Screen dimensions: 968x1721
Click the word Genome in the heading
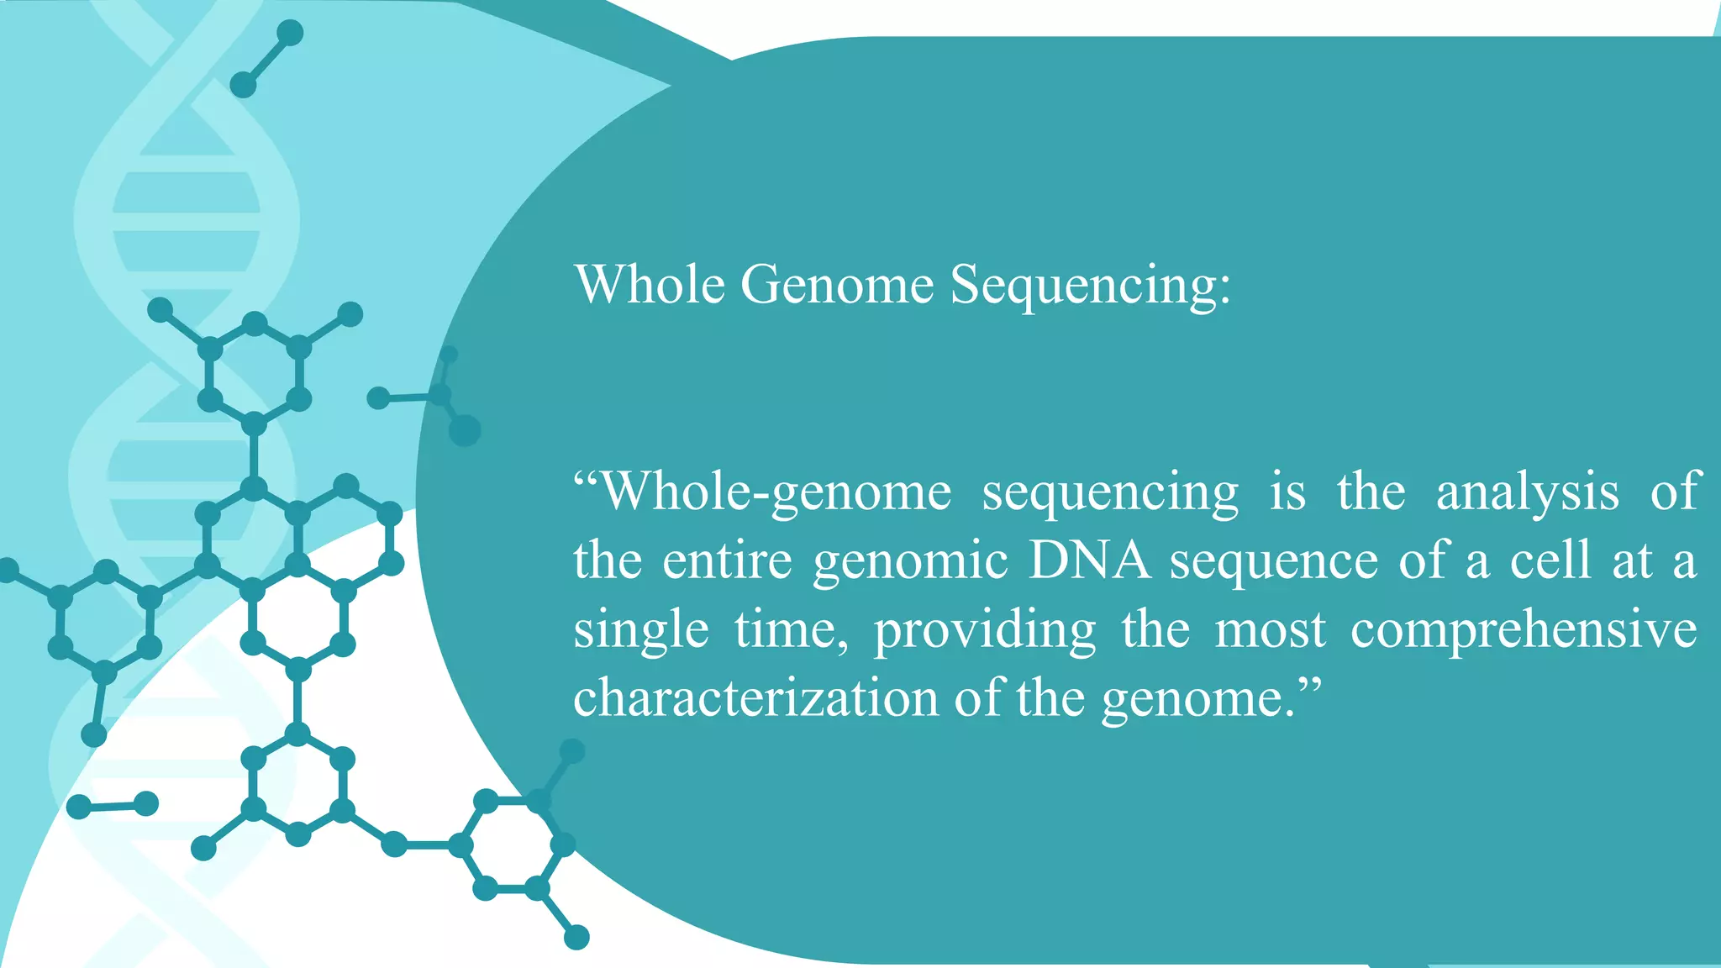click(836, 284)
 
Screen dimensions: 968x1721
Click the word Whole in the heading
click(650, 284)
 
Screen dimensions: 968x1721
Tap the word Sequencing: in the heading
click(1090, 286)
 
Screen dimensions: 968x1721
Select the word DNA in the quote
click(1089, 560)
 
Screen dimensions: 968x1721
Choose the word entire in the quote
click(727, 560)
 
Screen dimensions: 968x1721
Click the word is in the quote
click(1287, 492)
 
